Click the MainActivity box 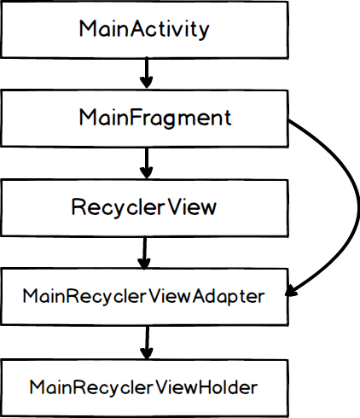[145, 28]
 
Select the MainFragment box [145, 118]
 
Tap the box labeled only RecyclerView [145, 207]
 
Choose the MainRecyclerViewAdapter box [145, 297]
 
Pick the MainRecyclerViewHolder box [145, 386]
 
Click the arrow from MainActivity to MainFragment [146, 73]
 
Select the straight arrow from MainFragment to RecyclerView [146, 162]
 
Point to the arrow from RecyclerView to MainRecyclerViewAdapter [146, 252]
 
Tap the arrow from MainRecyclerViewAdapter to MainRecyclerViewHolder [146, 341]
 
